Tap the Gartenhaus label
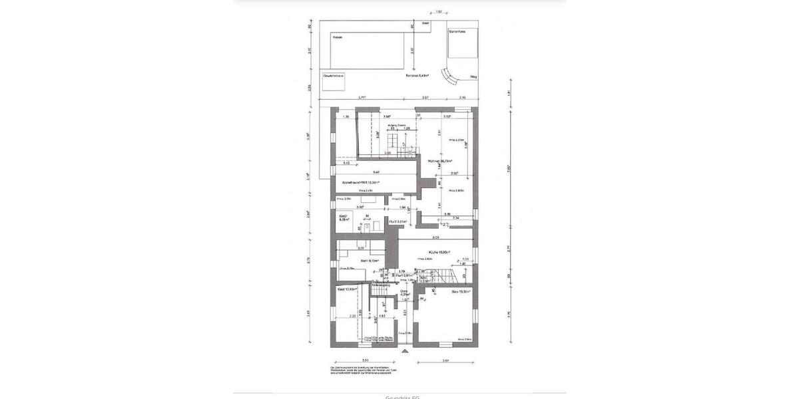(456, 31)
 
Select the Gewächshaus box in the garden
(334, 76)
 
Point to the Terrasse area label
(417, 76)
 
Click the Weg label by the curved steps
(473, 77)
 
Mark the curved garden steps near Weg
(453, 78)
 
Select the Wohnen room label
(440, 160)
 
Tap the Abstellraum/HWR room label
(360, 182)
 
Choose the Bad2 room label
(344, 217)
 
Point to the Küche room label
(439, 252)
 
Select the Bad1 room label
(370, 261)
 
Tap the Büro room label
(461, 291)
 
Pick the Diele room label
(404, 293)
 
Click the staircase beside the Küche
(440, 274)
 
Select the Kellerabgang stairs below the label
(381, 293)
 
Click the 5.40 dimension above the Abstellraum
(376, 172)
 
